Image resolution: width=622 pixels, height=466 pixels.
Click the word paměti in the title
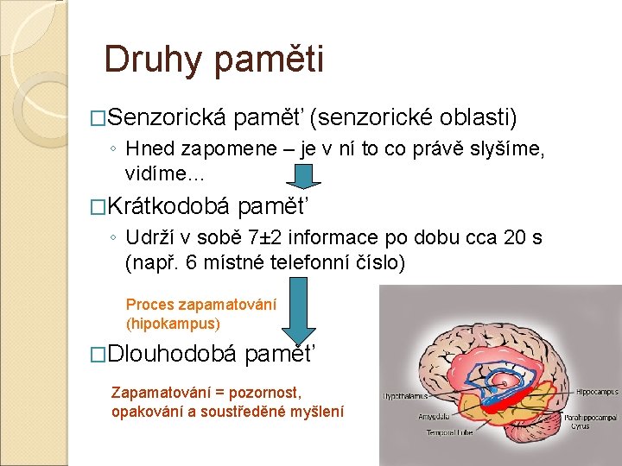[x=269, y=60]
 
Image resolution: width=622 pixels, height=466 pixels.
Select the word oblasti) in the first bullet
[x=478, y=117]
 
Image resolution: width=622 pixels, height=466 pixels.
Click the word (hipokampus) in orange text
[x=173, y=324]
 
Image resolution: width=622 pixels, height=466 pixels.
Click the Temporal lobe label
[x=447, y=432]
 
